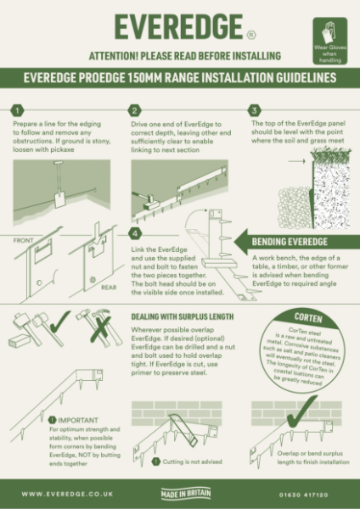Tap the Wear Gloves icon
pos(328,36)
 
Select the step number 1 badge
pos(17,110)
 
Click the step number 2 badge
pos(134,110)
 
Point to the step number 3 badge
pos(252,110)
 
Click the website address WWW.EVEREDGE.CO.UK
pos(59,493)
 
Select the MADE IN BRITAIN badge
pos(180,493)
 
